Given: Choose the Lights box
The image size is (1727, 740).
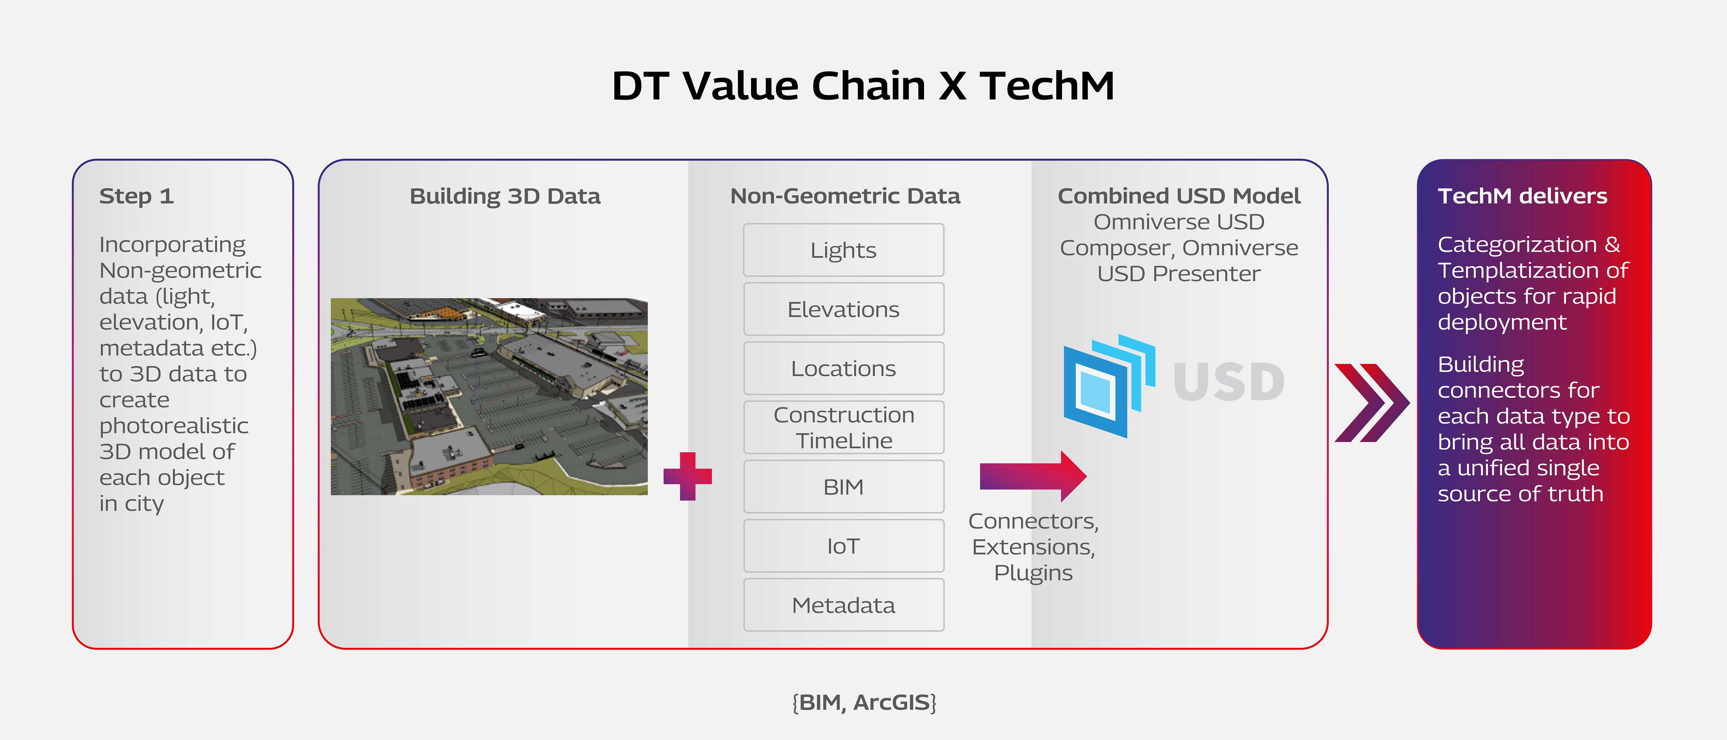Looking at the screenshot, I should pos(843,250).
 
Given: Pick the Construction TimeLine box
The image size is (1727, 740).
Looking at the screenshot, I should pos(843,428).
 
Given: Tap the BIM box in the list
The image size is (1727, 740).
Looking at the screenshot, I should pos(843,487).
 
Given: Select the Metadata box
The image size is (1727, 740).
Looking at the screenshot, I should pos(843,605).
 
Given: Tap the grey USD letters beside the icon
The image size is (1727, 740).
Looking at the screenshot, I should pos(1228,382).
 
